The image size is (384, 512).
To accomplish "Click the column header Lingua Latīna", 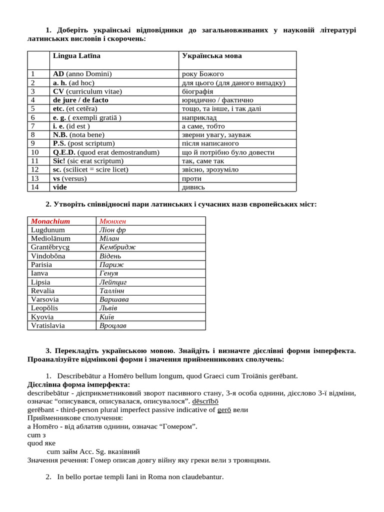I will pos(76,55).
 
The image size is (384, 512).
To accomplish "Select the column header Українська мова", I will pos(211,55).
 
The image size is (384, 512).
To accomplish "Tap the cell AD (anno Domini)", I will pos(82,73).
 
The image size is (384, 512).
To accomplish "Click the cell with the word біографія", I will pos(197,91).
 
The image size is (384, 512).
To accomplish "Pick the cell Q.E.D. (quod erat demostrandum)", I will pos(106,152).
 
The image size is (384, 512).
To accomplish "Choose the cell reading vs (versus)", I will pos(69,178).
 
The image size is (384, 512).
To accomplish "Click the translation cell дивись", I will pos(193,187).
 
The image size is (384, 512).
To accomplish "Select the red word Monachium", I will pos(50,221).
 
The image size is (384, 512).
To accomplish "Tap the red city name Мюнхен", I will pos(112,221).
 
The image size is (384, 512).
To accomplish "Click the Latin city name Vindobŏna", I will pos(48,255).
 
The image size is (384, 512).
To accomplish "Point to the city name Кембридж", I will pos(117,247).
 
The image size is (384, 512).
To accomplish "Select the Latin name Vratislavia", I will pos(48,325).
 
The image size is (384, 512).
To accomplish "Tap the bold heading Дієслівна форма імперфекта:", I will pos(78,384).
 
